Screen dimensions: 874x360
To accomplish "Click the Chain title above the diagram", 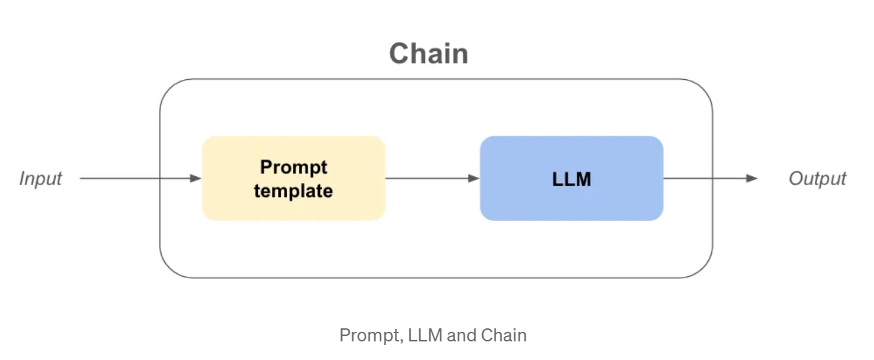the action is pyautogui.click(x=429, y=54).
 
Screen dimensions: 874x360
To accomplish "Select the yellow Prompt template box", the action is pyautogui.click(x=293, y=178).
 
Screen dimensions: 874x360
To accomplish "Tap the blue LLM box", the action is pyautogui.click(x=572, y=178).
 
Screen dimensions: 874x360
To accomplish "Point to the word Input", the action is pyautogui.click(x=41, y=179).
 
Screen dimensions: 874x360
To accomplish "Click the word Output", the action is pyautogui.click(x=818, y=179).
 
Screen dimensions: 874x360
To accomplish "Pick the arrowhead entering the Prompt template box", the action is pyautogui.click(x=195, y=178).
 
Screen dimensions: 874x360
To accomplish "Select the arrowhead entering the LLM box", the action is pyautogui.click(x=473, y=178).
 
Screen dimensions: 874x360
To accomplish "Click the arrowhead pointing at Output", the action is pyautogui.click(x=752, y=178).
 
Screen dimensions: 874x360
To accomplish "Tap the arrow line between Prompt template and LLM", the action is pyautogui.click(x=433, y=178).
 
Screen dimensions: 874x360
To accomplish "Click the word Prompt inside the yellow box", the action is pyautogui.click(x=293, y=167).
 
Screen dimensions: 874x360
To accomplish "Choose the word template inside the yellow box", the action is pyautogui.click(x=293, y=191).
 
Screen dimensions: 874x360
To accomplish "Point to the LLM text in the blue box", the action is pyautogui.click(x=572, y=179).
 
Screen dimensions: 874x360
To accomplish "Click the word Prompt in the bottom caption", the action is pyautogui.click(x=371, y=335).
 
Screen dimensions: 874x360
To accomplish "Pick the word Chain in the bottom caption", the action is pyautogui.click(x=504, y=335).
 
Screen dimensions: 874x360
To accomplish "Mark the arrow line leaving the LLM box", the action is pyautogui.click(x=710, y=178).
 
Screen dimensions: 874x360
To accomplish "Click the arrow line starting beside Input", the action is pyautogui.click(x=141, y=178).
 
